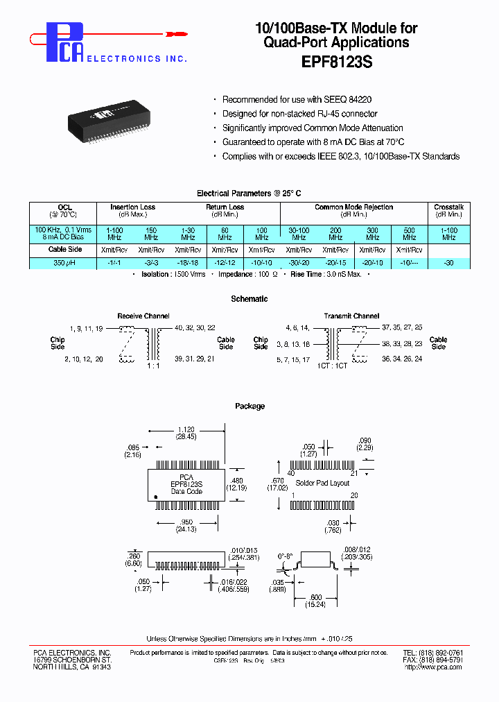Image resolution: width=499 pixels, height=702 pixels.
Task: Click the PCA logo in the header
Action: [x=67, y=42]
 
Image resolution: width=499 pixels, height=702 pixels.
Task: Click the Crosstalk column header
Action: [x=448, y=207]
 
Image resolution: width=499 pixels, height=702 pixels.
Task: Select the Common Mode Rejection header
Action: [x=353, y=207]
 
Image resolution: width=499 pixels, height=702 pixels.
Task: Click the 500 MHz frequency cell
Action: [x=409, y=233]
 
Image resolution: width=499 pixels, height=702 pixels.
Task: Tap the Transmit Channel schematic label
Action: [x=351, y=316]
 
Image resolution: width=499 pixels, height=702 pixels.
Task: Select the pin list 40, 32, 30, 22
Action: [x=195, y=327]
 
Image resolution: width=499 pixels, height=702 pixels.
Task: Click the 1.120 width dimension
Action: [x=186, y=430]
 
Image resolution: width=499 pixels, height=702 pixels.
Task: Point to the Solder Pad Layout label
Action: [x=322, y=483]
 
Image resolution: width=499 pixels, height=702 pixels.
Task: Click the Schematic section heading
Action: [x=249, y=299]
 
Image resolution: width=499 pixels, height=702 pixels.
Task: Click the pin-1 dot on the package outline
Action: [x=157, y=497]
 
